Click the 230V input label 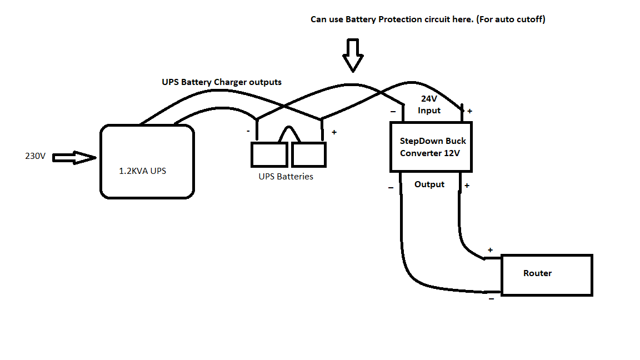coord(35,156)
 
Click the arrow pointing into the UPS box coord(74,158)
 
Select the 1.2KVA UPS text coord(142,171)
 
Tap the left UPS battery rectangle coord(269,154)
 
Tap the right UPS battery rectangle coord(308,154)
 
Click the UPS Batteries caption coord(286,177)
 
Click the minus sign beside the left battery coord(248,131)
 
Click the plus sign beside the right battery coord(334,132)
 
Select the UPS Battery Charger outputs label coord(222,82)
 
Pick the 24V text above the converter coord(429,99)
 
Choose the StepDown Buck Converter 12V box coord(431,147)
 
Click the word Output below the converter coord(429,184)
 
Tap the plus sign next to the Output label coord(467,186)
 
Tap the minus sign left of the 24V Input coord(393,112)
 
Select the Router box coord(547,275)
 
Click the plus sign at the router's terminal coord(490,250)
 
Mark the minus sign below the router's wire coord(492,299)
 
